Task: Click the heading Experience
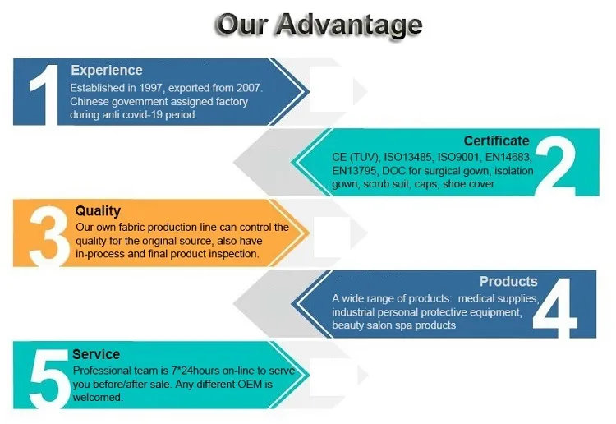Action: tap(106, 71)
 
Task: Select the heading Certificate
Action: tap(496, 141)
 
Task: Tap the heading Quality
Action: tap(98, 211)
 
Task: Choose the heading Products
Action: tap(508, 282)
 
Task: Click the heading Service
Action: tap(96, 354)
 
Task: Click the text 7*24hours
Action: tap(191, 371)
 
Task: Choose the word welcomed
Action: tap(98, 397)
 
